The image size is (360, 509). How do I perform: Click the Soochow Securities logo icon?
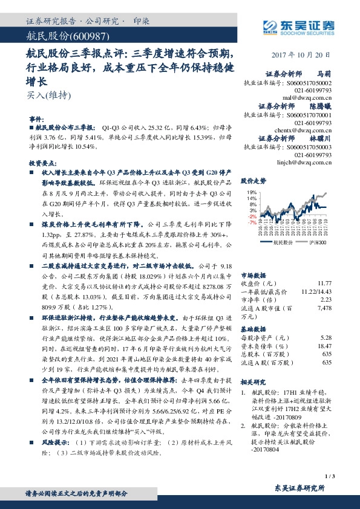pos(270,25)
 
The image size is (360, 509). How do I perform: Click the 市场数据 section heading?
pos(254,273)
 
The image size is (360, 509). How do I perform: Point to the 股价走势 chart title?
pos(254,181)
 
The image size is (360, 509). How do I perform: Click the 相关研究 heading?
pos(254,382)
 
